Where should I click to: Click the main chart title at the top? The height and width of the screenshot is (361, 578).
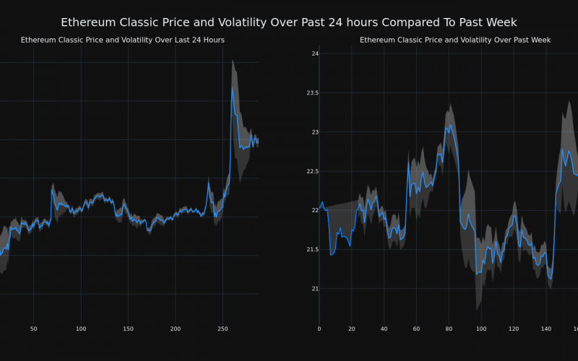pyautogui.click(x=289, y=22)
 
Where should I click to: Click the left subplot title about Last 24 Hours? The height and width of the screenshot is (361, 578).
pyautogui.click(x=123, y=40)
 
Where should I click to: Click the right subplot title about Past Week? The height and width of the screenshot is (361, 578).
pyautogui.click(x=455, y=40)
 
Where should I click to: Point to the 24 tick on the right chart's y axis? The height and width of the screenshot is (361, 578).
pyautogui.click(x=314, y=53)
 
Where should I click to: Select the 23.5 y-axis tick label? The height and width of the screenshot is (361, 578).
pyautogui.click(x=311, y=93)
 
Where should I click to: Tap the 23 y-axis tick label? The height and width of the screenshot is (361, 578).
pyautogui.click(x=314, y=132)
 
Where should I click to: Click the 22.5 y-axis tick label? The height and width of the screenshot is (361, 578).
pyautogui.click(x=311, y=171)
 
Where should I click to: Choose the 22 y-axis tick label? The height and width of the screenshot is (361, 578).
pyautogui.click(x=314, y=210)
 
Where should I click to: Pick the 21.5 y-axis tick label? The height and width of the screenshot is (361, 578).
pyautogui.click(x=311, y=250)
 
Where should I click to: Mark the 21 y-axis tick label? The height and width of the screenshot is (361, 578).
pyautogui.click(x=314, y=289)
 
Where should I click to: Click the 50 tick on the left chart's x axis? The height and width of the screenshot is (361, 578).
pyautogui.click(x=33, y=329)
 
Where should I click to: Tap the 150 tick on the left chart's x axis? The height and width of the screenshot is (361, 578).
pyautogui.click(x=128, y=329)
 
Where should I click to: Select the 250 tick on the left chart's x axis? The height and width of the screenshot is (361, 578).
pyautogui.click(x=223, y=329)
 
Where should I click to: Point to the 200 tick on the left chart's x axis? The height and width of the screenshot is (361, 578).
pyautogui.click(x=176, y=329)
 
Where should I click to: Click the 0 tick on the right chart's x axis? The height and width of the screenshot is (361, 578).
pyautogui.click(x=319, y=329)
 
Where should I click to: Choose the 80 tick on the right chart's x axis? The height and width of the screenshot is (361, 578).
pyautogui.click(x=449, y=329)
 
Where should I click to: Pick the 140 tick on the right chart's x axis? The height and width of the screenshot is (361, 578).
pyautogui.click(x=546, y=329)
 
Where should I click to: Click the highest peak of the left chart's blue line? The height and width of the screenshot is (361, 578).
pyautogui.click(x=232, y=88)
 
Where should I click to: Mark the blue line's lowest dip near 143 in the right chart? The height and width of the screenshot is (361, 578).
pyautogui.click(x=551, y=279)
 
